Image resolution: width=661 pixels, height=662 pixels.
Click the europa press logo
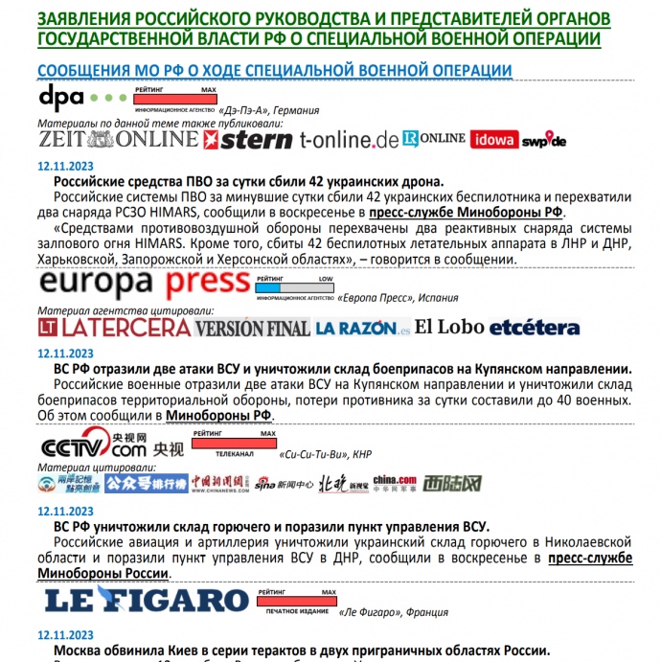(143, 284)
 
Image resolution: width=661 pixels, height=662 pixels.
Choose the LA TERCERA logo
(113, 328)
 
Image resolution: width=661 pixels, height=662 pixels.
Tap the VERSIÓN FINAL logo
(252, 329)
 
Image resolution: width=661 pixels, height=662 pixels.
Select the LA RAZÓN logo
(362, 328)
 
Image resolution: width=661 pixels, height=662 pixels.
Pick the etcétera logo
(535, 328)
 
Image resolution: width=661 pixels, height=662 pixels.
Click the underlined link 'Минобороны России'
(103, 573)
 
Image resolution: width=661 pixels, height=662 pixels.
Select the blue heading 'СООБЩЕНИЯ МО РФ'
(273, 71)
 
